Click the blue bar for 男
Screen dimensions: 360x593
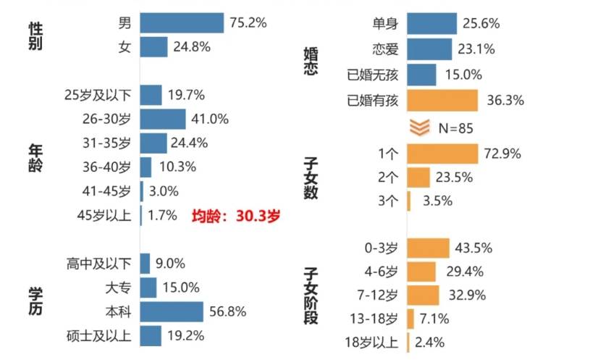pos(182,23)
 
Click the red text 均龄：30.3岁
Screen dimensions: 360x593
pos(235,215)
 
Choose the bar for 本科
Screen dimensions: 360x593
pos(172,311)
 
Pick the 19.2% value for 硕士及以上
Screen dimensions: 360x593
pos(186,335)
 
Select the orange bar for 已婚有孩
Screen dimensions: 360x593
pos(442,99)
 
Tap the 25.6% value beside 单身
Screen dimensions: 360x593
pos(482,23)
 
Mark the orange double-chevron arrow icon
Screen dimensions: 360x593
pos(421,127)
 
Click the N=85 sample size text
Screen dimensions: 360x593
pos(456,128)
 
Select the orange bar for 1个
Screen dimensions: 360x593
pos(442,154)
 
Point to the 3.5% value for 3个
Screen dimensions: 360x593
pos(434,201)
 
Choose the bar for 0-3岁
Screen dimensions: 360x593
pos(428,248)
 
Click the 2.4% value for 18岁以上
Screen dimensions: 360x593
pos(430,342)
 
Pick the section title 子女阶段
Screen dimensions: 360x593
pos(311,295)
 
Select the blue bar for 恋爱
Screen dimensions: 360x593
pos(430,50)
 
